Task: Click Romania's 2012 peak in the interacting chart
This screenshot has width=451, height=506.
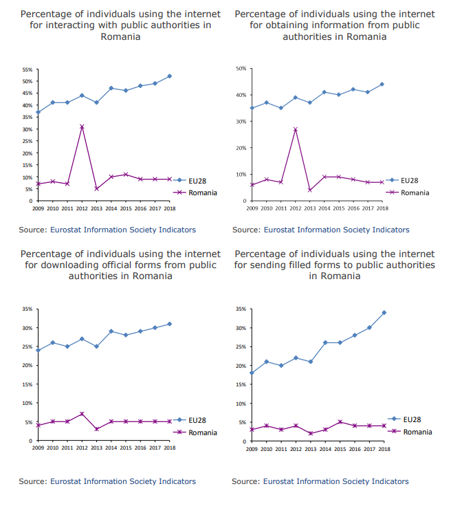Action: pos(82,126)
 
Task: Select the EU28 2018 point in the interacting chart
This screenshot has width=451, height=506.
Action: pos(170,76)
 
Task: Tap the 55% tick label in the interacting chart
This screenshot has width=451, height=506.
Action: pos(27,69)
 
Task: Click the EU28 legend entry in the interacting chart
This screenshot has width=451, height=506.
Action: pos(190,181)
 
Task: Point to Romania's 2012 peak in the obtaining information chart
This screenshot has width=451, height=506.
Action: pos(296,129)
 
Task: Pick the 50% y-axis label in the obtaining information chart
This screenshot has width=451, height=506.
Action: pos(241,69)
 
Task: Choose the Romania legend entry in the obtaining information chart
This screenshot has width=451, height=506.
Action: pos(408,192)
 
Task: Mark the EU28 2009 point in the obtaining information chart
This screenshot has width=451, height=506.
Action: pos(252,108)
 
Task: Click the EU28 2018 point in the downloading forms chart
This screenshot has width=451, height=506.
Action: pos(170,324)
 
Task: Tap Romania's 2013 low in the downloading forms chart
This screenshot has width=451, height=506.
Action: pos(96,429)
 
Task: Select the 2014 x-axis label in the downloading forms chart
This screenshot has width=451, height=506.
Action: pos(111,448)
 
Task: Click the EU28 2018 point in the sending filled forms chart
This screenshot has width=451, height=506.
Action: pos(384,312)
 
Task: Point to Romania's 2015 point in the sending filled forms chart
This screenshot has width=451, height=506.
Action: pos(340,422)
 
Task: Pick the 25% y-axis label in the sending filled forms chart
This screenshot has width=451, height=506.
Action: pos(241,346)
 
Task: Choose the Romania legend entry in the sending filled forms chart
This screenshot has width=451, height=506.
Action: pos(410,432)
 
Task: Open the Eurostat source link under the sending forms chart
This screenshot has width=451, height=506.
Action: pos(335,481)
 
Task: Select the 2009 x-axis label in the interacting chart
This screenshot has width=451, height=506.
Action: pos(38,208)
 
